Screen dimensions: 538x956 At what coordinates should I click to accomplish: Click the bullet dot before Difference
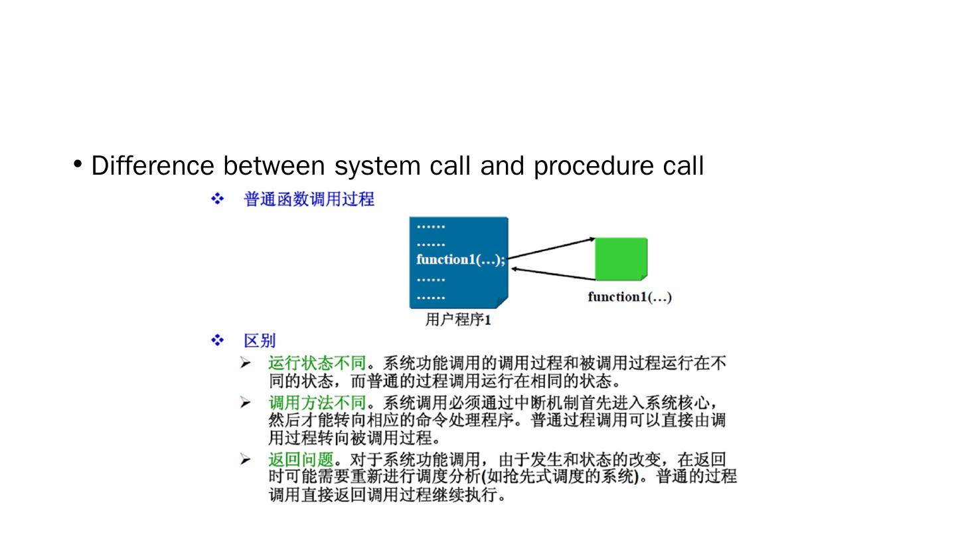(79, 164)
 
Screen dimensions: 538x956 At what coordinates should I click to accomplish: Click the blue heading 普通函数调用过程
(309, 199)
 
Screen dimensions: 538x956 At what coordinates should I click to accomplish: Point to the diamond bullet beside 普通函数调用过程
(217, 199)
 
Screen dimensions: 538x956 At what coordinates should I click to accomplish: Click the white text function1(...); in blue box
(460, 260)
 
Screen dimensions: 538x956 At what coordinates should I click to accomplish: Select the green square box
(621, 258)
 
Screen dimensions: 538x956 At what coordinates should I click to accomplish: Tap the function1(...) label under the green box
(629, 297)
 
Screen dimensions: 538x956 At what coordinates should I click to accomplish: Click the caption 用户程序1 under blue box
(457, 320)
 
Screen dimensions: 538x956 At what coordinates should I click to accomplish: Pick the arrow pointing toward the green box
(551, 247)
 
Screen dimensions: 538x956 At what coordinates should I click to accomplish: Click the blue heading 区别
(260, 341)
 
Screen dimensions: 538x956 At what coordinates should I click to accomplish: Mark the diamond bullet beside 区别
(217, 341)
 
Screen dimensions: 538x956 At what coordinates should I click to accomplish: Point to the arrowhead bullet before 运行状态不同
(246, 363)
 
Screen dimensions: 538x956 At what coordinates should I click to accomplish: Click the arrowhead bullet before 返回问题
(246, 460)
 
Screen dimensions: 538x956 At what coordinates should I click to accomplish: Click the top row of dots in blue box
(431, 226)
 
